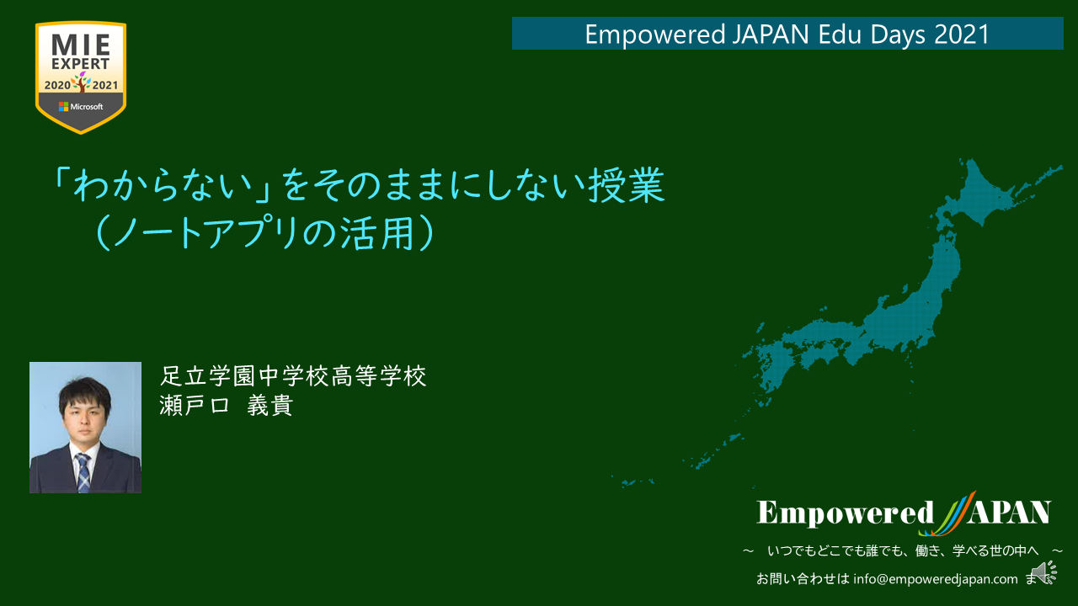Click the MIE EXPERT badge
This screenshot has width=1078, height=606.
click(81, 77)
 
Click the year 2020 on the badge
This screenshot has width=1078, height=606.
click(57, 85)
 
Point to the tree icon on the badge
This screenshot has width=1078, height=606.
click(82, 82)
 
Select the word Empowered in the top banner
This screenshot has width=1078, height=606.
click(655, 35)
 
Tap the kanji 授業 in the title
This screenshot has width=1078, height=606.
click(627, 185)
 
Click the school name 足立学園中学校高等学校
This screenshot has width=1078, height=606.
click(293, 375)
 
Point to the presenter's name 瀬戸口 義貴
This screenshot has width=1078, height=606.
click(227, 406)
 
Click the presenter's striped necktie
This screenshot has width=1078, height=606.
click(83, 473)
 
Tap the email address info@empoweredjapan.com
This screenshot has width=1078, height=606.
click(935, 578)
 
